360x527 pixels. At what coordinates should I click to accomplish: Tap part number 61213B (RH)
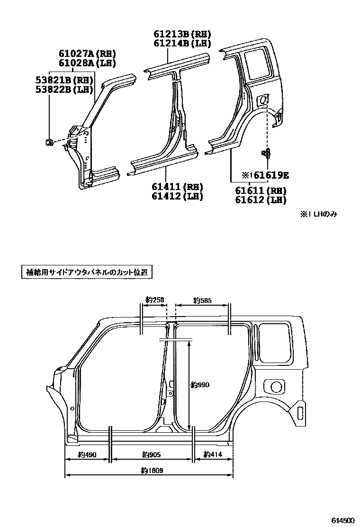pos(182,34)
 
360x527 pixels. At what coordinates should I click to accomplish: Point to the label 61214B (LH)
pos(182,44)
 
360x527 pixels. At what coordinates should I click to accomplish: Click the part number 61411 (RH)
pos(178,187)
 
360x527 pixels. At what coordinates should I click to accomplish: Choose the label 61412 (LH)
pos(178,196)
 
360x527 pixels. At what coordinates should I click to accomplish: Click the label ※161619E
pos(265,175)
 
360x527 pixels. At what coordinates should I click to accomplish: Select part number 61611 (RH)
pos(261,191)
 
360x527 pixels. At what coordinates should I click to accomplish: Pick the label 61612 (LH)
pos(261,200)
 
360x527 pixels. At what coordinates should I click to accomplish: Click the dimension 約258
pos(155,300)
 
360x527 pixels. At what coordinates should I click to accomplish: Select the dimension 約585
pos(202,300)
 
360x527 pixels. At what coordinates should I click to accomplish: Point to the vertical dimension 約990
pos(200,385)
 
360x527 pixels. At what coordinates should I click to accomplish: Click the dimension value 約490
pos(87,454)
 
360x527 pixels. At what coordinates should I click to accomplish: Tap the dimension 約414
pos(213,454)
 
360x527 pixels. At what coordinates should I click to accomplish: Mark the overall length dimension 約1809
pos(150,471)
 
